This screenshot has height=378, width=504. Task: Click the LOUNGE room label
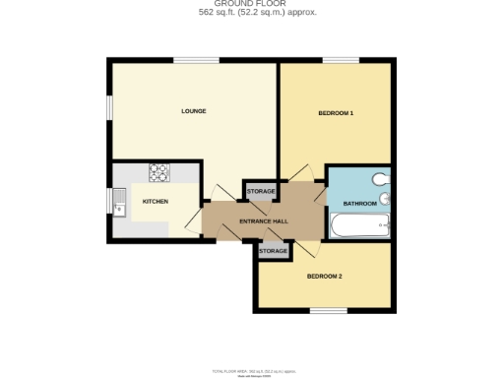pyautogui.click(x=193, y=111)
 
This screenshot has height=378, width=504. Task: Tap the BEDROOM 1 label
pyautogui.click(x=336, y=113)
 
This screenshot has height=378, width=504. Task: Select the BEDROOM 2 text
pyautogui.click(x=325, y=276)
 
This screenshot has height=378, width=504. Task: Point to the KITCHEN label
pyautogui.click(x=156, y=202)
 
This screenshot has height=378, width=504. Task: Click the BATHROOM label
pyautogui.click(x=359, y=204)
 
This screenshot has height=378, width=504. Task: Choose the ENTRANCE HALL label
pyautogui.click(x=264, y=222)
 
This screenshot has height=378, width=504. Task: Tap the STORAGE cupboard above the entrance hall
pyautogui.click(x=261, y=191)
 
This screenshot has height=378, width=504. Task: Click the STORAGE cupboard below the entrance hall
pyautogui.click(x=274, y=252)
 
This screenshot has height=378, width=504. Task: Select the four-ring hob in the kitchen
pyautogui.click(x=159, y=172)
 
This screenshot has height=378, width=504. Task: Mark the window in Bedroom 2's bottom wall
pyautogui.click(x=328, y=311)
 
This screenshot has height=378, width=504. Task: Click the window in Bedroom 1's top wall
pyautogui.click(x=341, y=61)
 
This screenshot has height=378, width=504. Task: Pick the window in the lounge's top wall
pyautogui.click(x=190, y=61)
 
